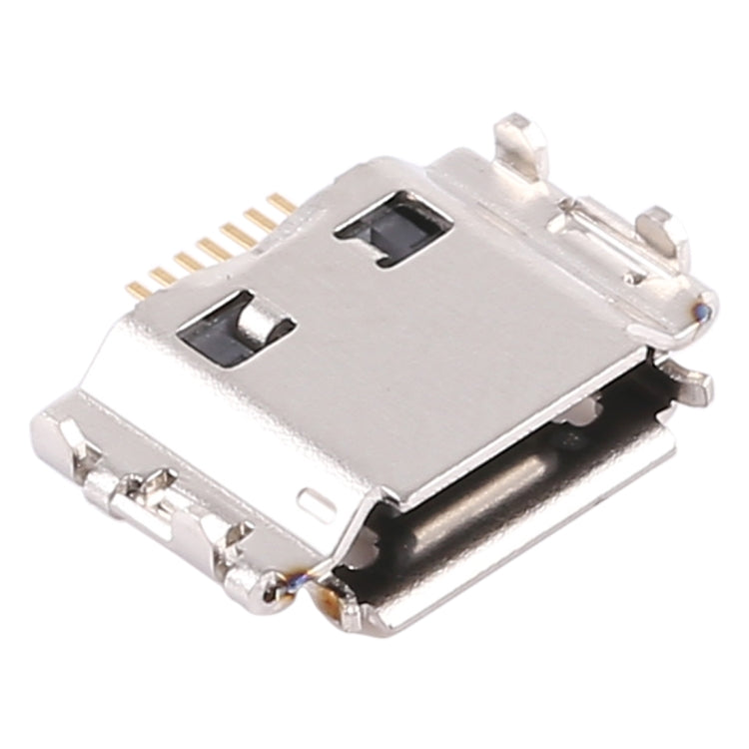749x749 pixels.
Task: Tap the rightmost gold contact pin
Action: pyautogui.click(x=282, y=204)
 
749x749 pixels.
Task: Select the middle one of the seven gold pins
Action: pyautogui.click(x=211, y=246)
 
